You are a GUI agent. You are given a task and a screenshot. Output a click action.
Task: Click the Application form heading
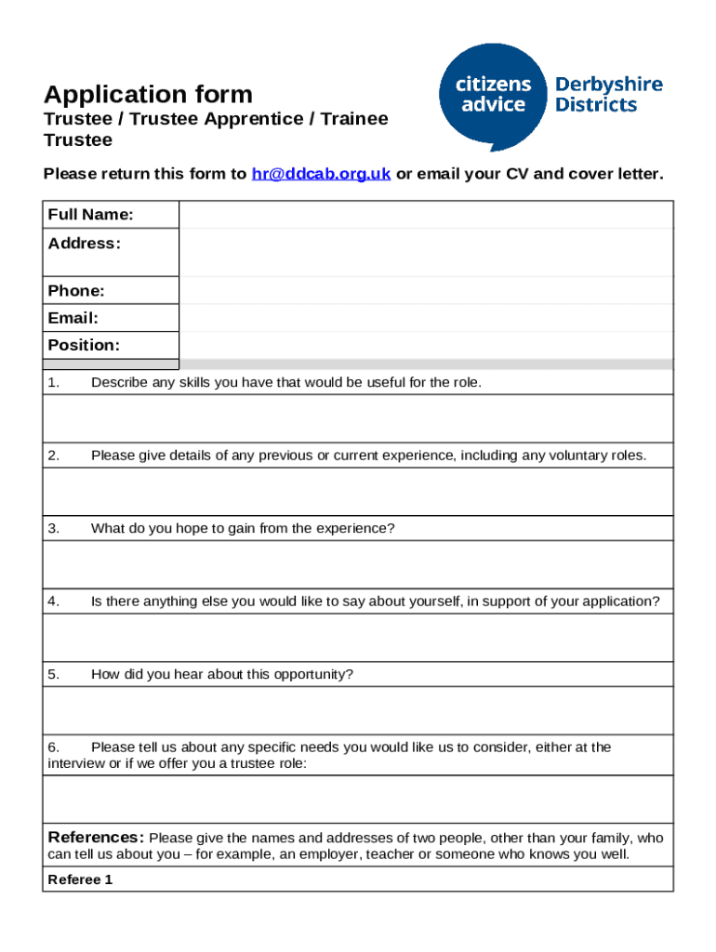click(x=148, y=94)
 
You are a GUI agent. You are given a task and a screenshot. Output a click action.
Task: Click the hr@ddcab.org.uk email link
click(x=321, y=174)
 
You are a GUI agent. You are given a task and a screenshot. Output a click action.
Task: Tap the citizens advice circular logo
click(x=491, y=97)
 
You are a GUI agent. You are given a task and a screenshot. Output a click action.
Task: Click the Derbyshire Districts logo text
click(x=608, y=94)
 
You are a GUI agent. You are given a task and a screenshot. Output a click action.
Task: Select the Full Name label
click(x=90, y=215)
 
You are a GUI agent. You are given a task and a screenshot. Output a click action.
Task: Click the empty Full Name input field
click(x=426, y=215)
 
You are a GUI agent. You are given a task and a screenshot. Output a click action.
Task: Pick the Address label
click(x=85, y=244)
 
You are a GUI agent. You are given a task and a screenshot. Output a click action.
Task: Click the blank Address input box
click(x=426, y=252)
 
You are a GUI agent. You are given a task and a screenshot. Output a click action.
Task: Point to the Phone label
click(x=76, y=291)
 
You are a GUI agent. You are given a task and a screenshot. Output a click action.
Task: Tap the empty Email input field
click(x=426, y=318)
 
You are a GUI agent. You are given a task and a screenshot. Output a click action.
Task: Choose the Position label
click(x=85, y=345)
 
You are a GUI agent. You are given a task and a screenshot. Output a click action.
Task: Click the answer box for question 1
click(x=358, y=418)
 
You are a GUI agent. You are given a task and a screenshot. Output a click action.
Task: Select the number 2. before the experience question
click(x=54, y=455)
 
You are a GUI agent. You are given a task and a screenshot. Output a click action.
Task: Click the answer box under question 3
click(x=358, y=564)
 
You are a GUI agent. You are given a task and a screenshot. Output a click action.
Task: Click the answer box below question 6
click(x=358, y=800)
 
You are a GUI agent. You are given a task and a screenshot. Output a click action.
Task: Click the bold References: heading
click(x=96, y=836)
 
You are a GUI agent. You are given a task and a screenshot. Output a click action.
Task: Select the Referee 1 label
click(x=80, y=879)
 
